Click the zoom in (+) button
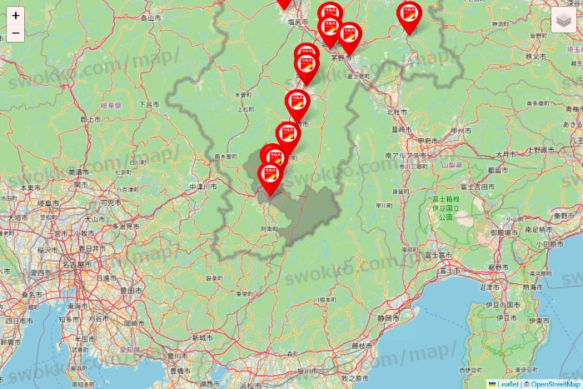click(x=16, y=15)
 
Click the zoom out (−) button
click(x=16, y=33)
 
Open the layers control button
click(x=564, y=21)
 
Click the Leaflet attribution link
click(x=506, y=384)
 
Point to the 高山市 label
click(x=150, y=17)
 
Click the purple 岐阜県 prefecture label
click(x=111, y=106)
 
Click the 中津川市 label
click(x=204, y=186)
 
